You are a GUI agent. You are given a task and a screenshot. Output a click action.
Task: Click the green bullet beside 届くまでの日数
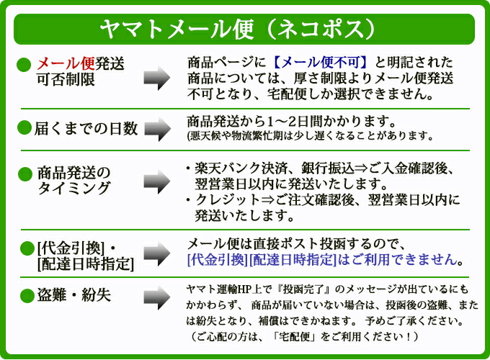tap(25, 129)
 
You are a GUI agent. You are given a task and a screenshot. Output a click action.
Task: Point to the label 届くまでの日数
tap(86, 129)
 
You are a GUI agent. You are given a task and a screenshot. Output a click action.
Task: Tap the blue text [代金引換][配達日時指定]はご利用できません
tap(324, 259)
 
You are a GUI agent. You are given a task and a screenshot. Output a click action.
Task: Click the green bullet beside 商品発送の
tap(25, 173)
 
